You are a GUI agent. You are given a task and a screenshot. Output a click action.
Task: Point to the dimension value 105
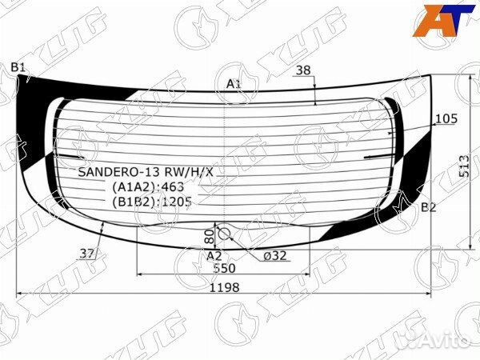(x=446, y=119)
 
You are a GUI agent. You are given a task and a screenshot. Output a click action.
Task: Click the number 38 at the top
(x=302, y=70)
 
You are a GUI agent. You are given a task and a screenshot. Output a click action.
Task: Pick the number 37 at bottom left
(x=88, y=254)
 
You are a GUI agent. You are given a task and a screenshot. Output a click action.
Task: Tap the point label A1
(x=234, y=84)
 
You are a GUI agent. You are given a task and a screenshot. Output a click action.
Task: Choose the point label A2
(x=214, y=256)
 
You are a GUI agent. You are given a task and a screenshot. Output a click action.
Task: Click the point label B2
(x=429, y=208)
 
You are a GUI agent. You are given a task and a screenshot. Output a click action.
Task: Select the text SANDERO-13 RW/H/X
(x=146, y=172)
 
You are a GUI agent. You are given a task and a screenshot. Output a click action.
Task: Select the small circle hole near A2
(x=225, y=233)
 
